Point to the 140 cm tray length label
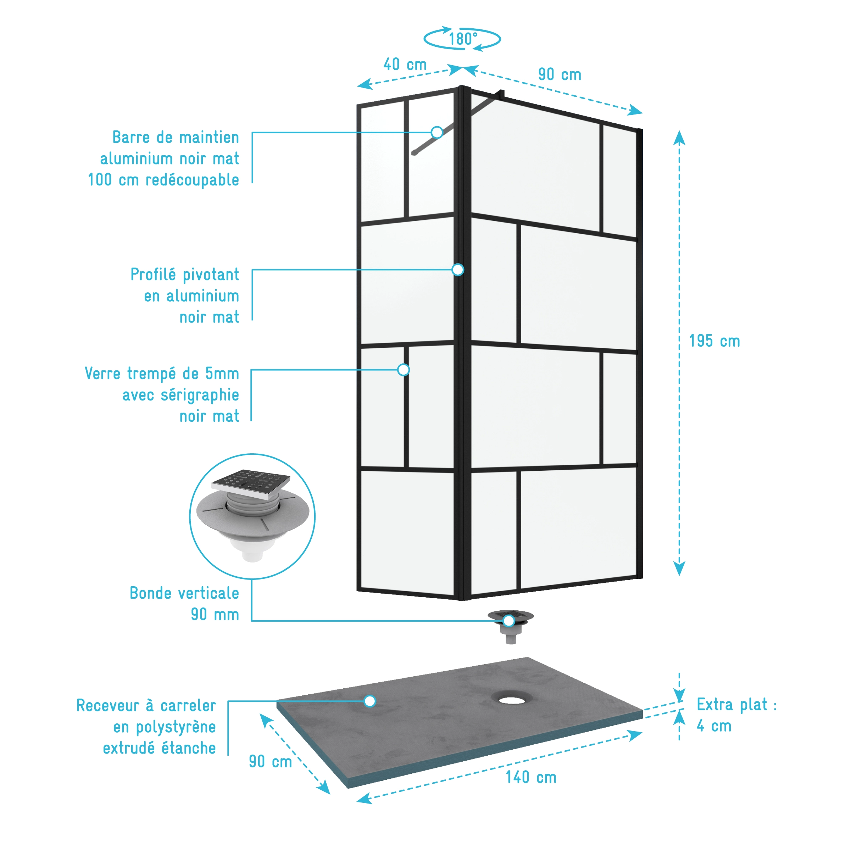531,777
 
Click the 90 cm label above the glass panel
560,74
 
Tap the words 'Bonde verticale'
184,593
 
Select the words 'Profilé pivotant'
185,274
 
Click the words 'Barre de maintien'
176,137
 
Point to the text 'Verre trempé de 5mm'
162,374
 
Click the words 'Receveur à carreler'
146,705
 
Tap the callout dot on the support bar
437,132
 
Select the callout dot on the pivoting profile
458,270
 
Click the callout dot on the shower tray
370,701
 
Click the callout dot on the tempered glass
403,370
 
